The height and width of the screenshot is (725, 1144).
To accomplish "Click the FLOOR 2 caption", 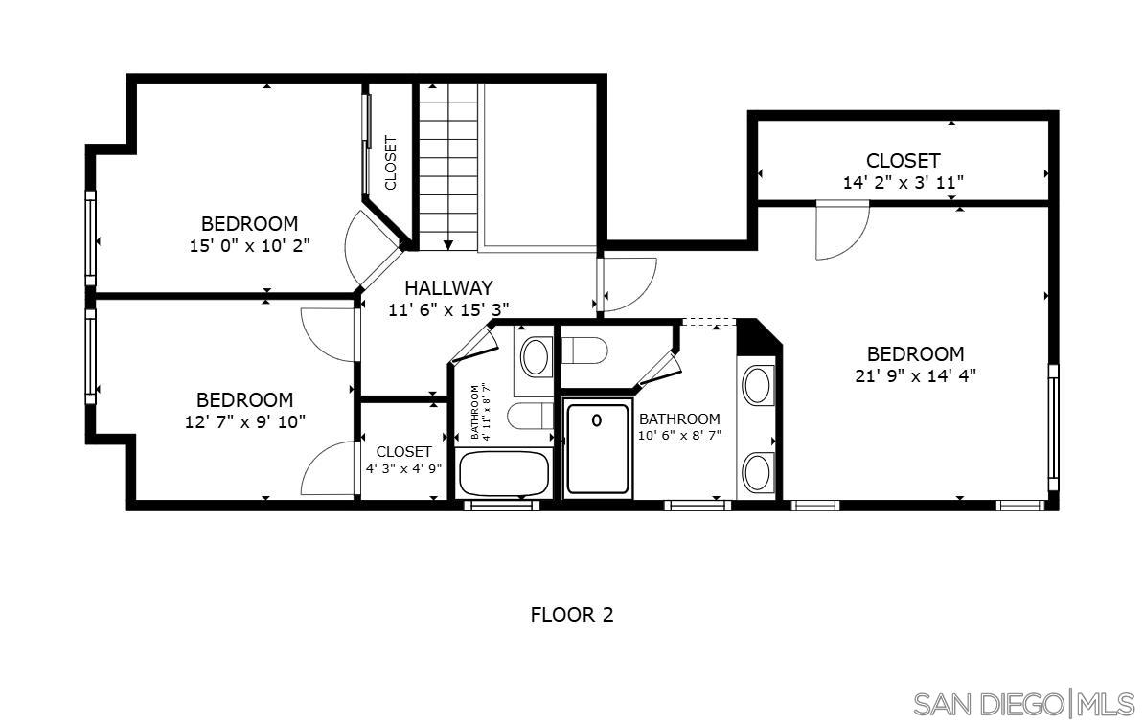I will point(571,615).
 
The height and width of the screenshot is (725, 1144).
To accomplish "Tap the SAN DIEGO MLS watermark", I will point(1022,704).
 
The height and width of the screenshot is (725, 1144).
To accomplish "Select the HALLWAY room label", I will point(447,287).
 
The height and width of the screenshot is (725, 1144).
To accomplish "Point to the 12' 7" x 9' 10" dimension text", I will point(244,421).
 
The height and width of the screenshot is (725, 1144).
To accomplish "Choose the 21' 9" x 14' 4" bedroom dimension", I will point(915,376).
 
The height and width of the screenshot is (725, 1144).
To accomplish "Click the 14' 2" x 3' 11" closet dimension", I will point(903,182).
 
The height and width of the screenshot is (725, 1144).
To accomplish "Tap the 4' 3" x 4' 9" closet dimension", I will point(403,469).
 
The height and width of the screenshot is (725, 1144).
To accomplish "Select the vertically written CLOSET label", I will point(391,162).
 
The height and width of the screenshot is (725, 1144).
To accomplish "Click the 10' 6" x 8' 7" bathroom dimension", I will point(679,435).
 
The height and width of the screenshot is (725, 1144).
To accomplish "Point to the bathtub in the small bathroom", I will point(504,472).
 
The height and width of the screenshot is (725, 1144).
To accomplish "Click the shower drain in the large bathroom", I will point(597,419).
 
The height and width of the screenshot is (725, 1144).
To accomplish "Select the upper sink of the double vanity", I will point(758,385).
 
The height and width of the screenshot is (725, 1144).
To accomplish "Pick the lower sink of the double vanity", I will point(758,471).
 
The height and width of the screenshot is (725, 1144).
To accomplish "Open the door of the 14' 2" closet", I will point(840,230).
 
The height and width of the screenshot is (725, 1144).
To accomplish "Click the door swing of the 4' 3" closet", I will point(331,469).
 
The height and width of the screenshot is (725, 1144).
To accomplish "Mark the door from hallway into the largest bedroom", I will point(625,285).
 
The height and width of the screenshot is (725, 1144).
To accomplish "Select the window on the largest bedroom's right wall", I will point(1052,426).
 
